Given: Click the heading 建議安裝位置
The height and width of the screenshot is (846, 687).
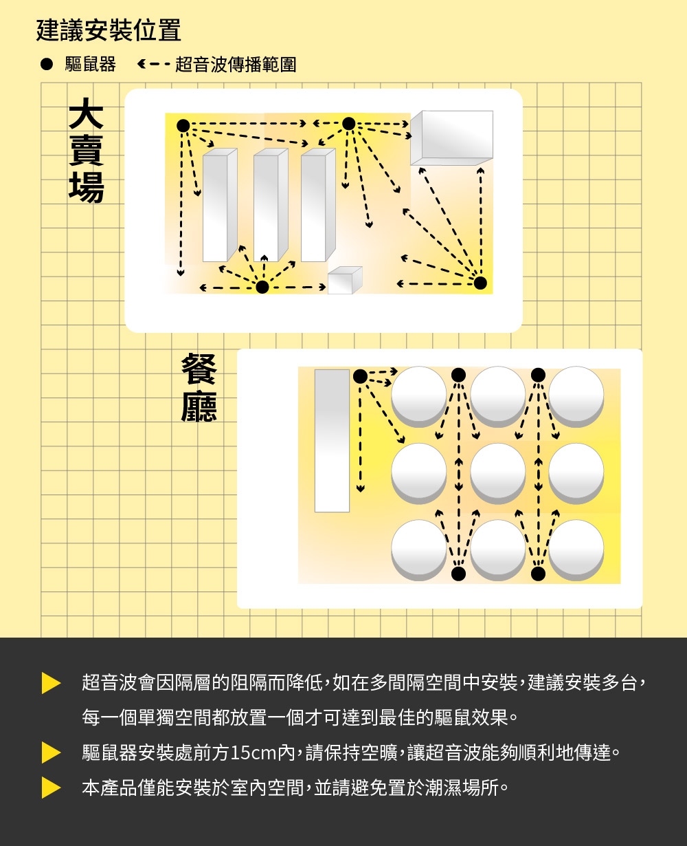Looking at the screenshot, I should [109, 30].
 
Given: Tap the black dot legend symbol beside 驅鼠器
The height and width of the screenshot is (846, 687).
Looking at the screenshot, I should [46, 65].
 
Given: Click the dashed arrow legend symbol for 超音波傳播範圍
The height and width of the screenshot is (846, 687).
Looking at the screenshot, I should [153, 65].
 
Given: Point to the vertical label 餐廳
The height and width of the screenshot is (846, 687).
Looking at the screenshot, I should [199, 387].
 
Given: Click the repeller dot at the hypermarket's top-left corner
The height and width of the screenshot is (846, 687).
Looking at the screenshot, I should [183, 124].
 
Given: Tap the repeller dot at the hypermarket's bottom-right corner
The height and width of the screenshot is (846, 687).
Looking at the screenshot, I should [480, 283].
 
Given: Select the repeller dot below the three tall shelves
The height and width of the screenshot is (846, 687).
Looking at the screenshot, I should [262, 287].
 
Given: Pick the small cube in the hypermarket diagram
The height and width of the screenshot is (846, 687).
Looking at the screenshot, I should [344, 281].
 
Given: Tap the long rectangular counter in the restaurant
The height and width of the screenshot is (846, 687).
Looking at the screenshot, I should [332, 441].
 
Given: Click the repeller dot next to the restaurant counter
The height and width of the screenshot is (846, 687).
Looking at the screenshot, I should [360, 376].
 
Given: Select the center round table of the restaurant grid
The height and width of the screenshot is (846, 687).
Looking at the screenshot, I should [498, 472].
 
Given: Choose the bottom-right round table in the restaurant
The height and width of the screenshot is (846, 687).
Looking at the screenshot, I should [576, 548].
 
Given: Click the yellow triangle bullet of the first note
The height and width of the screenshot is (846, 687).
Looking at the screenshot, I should [51, 683].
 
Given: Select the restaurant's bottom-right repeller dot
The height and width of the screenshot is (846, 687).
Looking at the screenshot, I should [539, 573].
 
